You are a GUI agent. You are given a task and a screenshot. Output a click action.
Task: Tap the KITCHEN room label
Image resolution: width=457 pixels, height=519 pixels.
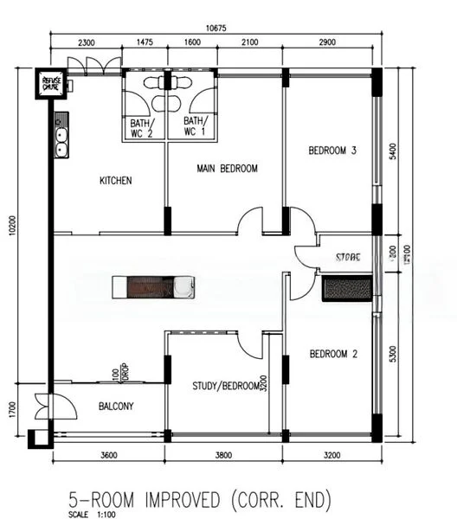pos(115,181)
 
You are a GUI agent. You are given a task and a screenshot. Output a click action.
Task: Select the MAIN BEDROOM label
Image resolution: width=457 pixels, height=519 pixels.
pos(227,169)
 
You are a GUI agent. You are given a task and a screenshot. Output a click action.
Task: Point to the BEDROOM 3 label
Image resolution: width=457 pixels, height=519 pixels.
pos(333,151)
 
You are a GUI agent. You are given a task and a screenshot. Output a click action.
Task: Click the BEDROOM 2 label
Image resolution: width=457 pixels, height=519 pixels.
pos(333,354)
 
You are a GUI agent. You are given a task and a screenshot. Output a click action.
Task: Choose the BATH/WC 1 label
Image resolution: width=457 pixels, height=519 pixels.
pos(195,127)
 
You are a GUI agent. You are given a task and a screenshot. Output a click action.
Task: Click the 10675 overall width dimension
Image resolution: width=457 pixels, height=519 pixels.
pos(216,28)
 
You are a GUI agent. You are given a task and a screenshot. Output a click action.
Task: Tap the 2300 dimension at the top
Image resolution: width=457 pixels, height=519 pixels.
pos(86,42)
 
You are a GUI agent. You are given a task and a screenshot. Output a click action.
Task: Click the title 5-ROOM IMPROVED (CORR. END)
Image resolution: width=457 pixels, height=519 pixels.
pos(200,499)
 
